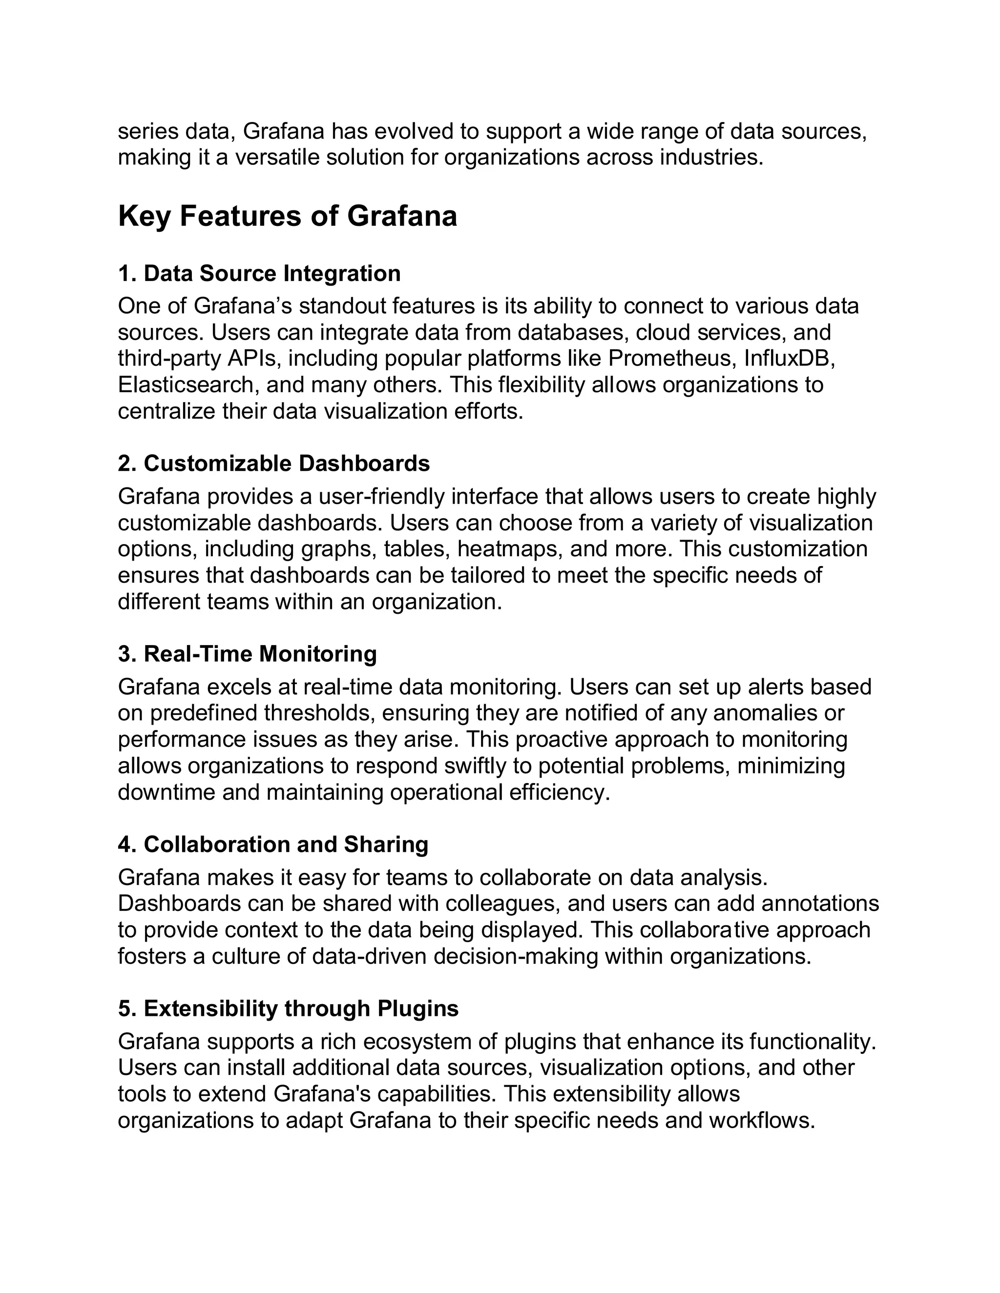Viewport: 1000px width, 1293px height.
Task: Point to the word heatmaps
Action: pos(508,549)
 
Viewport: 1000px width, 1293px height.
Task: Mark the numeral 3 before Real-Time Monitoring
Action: pos(125,654)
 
